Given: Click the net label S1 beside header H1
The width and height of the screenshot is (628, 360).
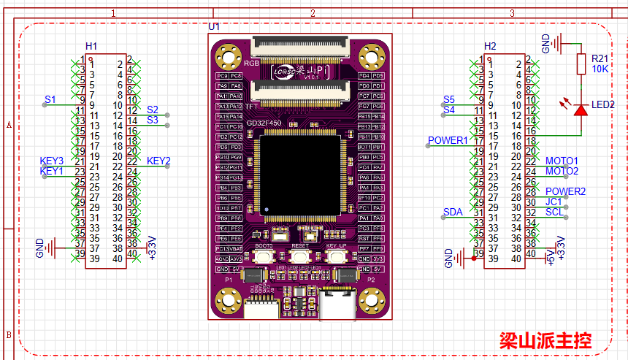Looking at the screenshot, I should [50, 99].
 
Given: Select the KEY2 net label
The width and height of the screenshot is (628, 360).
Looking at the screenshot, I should [158, 161].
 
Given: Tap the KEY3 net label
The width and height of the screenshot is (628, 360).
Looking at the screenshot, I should [51, 161].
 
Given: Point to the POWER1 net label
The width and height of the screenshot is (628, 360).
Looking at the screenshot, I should [447, 140].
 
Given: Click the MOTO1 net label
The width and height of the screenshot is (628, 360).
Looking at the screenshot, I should [562, 161].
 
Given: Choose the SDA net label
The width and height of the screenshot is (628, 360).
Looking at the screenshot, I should [453, 212].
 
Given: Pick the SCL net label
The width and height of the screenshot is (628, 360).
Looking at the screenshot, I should [554, 212].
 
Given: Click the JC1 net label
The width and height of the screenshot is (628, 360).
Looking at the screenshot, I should [554, 202].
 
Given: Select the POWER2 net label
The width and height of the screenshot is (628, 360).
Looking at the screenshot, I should [565, 191].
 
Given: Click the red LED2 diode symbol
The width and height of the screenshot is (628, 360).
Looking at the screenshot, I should [581, 110].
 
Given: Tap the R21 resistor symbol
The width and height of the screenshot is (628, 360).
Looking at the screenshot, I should [581, 63].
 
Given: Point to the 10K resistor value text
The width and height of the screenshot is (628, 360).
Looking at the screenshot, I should [600, 69].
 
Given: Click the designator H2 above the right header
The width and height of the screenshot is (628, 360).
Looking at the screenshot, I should [490, 46].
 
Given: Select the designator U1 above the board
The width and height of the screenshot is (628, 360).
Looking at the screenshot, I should [214, 26].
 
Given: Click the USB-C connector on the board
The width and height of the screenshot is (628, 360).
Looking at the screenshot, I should [337, 304].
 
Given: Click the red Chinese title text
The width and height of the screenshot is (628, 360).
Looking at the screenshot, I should [545, 340].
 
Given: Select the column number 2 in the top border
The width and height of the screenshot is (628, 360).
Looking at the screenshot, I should [313, 13].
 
